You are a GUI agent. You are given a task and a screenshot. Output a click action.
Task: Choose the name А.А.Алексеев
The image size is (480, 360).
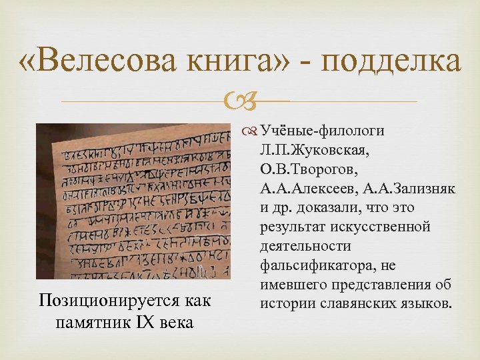tap(299, 189)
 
